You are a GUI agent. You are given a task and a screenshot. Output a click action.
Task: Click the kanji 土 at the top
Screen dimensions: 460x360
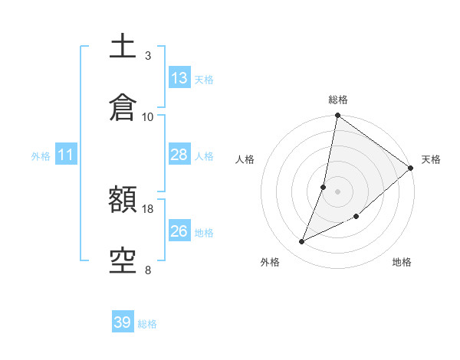[123, 47]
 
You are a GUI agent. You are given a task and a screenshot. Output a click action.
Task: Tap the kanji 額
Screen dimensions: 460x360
[123, 201]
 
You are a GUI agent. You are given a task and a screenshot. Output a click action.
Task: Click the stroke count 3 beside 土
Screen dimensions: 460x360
[148, 56]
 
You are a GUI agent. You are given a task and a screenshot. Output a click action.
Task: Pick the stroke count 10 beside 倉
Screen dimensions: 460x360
[148, 116]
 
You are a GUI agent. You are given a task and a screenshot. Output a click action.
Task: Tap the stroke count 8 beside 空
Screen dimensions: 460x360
[148, 270]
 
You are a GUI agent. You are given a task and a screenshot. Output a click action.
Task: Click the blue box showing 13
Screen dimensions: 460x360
[179, 78]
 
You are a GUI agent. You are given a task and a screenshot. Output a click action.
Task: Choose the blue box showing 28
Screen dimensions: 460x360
[179, 155]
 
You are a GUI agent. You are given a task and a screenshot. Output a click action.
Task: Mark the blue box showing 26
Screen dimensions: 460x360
[179, 231]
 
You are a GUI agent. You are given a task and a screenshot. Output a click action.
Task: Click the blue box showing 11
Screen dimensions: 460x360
[66, 155]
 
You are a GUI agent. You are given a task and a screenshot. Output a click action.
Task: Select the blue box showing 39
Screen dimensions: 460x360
[123, 322]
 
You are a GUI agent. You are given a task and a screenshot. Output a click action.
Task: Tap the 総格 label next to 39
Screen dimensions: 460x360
[147, 324]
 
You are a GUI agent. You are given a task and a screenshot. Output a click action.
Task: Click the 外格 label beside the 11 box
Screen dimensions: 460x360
[41, 156]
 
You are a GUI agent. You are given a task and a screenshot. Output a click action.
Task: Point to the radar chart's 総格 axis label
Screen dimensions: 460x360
[338, 100]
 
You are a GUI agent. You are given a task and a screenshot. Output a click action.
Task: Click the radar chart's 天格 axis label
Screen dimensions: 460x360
[431, 159]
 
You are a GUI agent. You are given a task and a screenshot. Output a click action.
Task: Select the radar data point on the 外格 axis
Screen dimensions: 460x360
[302, 242]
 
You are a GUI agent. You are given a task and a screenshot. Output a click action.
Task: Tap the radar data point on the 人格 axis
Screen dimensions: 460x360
[324, 187]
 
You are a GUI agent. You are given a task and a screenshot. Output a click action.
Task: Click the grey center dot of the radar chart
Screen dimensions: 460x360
[338, 191]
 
